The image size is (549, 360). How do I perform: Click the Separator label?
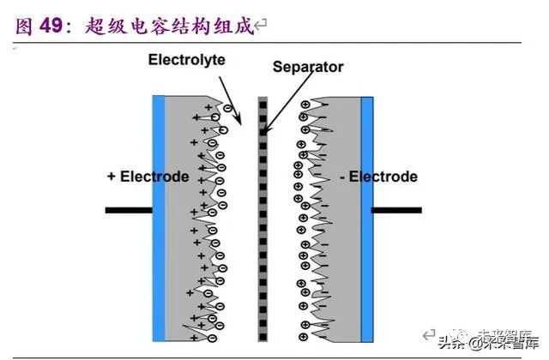click(x=308, y=66)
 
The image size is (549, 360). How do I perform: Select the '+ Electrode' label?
click(x=148, y=177)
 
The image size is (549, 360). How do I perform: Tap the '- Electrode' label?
click(x=378, y=177)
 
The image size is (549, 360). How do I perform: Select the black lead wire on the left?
click(x=128, y=209)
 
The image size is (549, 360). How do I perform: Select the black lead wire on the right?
click(x=396, y=209)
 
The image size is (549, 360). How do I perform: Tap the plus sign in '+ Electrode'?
click(x=112, y=177)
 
